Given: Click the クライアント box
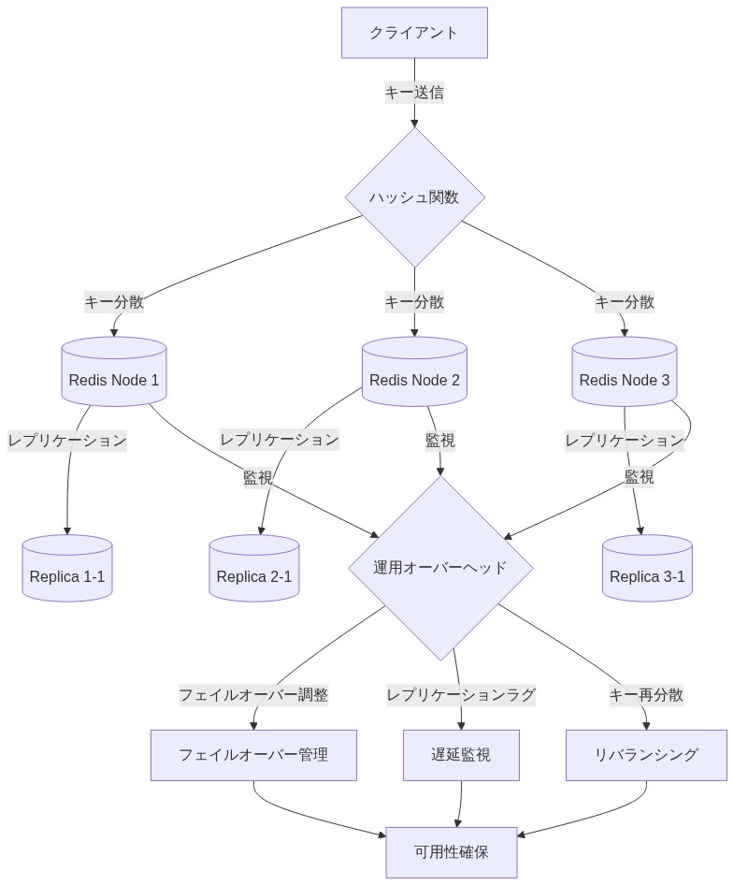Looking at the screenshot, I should (x=414, y=33).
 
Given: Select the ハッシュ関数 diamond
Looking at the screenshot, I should (x=414, y=197).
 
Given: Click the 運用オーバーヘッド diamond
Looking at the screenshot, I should (x=440, y=568).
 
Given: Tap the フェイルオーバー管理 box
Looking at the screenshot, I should (x=253, y=755).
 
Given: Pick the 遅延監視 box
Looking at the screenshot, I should (x=461, y=755).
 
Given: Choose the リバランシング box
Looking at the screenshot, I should (x=646, y=755).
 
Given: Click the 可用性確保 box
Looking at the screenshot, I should (x=452, y=852).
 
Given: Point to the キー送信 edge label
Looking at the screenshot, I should (x=414, y=93).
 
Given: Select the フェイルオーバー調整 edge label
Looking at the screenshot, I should (x=253, y=695).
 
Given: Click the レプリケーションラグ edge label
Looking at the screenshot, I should (x=461, y=695).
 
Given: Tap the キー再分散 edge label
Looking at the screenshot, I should (x=646, y=695).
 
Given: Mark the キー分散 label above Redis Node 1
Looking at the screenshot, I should (x=114, y=302).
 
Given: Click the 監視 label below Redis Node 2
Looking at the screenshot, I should (x=440, y=440).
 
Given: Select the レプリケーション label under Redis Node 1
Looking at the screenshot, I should (x=67, y=440).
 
